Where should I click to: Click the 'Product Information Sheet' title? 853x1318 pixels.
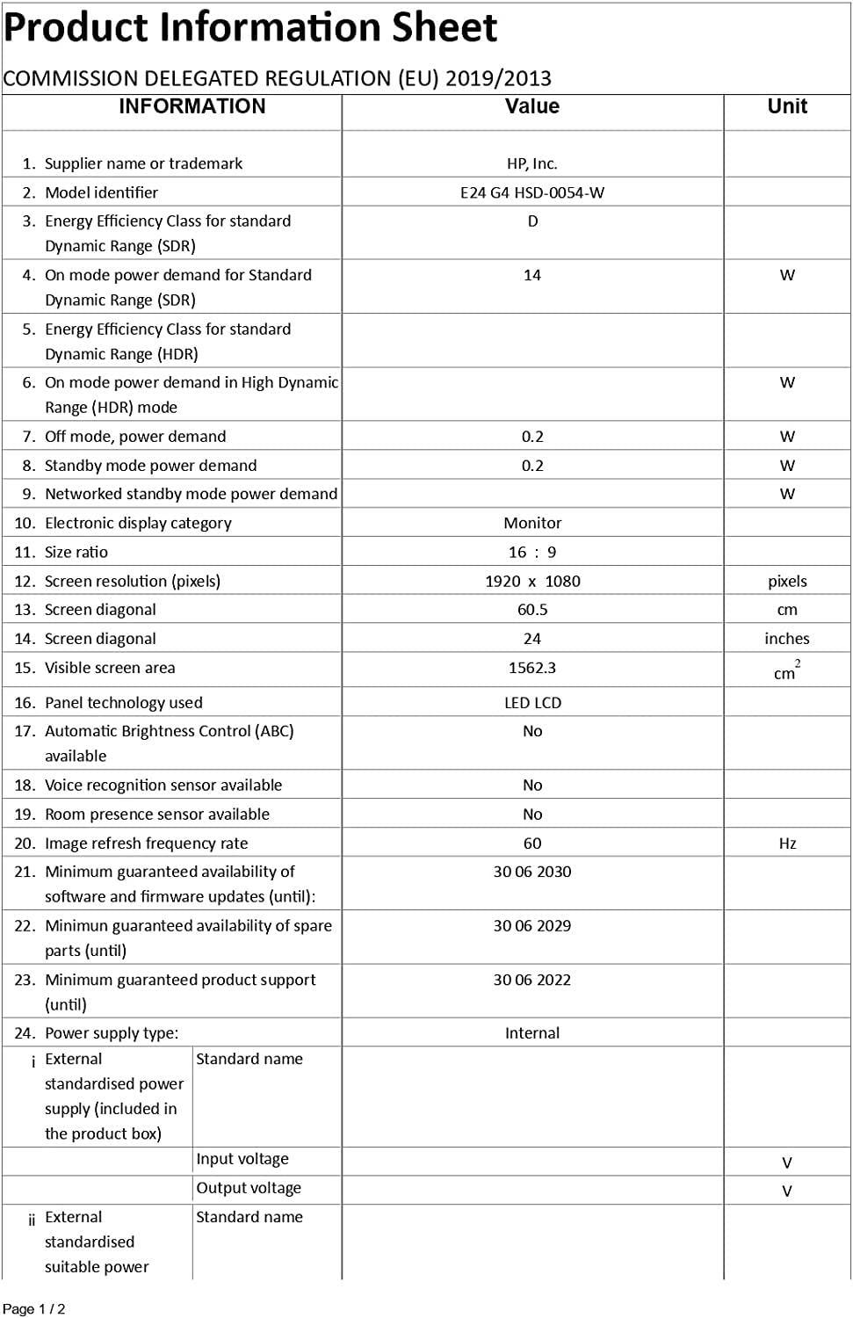[250, 28]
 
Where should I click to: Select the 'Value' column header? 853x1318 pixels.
[531, 106]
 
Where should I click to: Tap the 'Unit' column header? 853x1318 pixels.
[786, 106]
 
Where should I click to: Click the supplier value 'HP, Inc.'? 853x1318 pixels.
[531, 163]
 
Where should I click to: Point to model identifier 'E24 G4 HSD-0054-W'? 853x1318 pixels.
[531, 192]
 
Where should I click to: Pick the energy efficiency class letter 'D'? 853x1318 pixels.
[532, 221]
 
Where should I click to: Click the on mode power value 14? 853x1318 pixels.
[531, 275]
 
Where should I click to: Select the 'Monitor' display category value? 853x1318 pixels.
[532, 523]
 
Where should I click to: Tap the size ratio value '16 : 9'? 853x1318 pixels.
[532, 552]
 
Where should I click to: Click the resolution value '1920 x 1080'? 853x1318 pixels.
[532, 581]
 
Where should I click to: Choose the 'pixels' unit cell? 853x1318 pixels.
[787, 581]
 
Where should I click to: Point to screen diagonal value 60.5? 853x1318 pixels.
[532, 610]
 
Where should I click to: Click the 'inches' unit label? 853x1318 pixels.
[787, 639]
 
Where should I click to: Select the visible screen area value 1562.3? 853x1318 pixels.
[532, 668]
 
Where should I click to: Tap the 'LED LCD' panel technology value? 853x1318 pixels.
[532, 703]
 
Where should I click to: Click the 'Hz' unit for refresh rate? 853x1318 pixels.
[787, 844]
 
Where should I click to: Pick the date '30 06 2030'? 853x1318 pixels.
[532, 872]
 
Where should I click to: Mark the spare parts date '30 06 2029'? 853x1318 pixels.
[532, 925]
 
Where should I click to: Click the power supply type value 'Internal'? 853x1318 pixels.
[532, 1033]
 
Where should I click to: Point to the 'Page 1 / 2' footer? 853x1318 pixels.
[34, 1309]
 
